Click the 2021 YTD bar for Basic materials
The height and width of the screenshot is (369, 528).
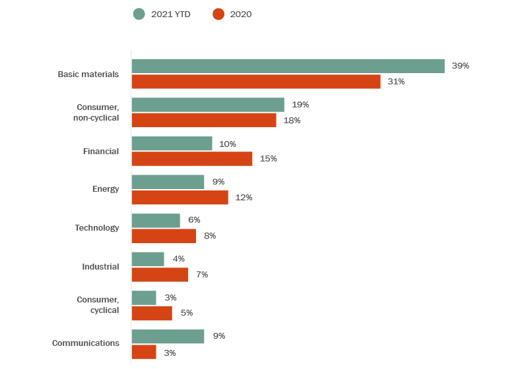coord(288,66)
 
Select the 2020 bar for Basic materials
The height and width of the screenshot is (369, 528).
coord(256,82)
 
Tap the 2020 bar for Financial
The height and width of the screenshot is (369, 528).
coord(192,159)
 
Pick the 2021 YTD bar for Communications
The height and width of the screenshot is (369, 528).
coord(168,336)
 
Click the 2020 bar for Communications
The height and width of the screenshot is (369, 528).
coord(144,353)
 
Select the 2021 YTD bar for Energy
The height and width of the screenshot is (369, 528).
coord(168,182)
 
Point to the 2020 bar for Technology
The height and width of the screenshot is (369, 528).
coord(164,236)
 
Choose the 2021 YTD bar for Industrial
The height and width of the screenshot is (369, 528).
coord(148,259)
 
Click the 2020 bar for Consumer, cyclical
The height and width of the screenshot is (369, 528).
coord(152,313)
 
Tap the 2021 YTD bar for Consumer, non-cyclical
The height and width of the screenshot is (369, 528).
coord(208,105)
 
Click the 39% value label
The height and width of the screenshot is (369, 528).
coord(460,66)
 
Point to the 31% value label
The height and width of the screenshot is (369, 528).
coord(396,82)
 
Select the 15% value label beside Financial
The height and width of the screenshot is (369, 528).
coord(268,159)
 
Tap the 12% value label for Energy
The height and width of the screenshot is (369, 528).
coord(244,198)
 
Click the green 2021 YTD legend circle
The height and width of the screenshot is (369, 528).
coord(139,14)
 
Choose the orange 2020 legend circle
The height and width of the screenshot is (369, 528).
coord(218,14)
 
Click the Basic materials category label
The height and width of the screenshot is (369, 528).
coord(88,74)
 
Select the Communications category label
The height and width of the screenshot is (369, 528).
coord(86,343)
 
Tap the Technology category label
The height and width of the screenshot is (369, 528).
coord(97,228)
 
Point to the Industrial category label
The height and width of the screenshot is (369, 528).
coord(100,267)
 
